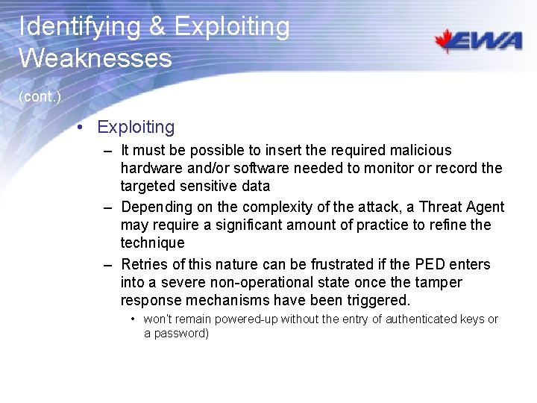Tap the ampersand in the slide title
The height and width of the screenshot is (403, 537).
tap(157, 27)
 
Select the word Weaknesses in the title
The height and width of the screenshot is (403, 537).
tap(95, 57)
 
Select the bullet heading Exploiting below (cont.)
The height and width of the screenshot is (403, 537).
tap(136, 127)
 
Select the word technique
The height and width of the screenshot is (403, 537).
tap(152, 243)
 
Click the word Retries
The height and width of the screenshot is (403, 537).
tap(143, 264)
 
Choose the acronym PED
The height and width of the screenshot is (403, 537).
tap(430, 264)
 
